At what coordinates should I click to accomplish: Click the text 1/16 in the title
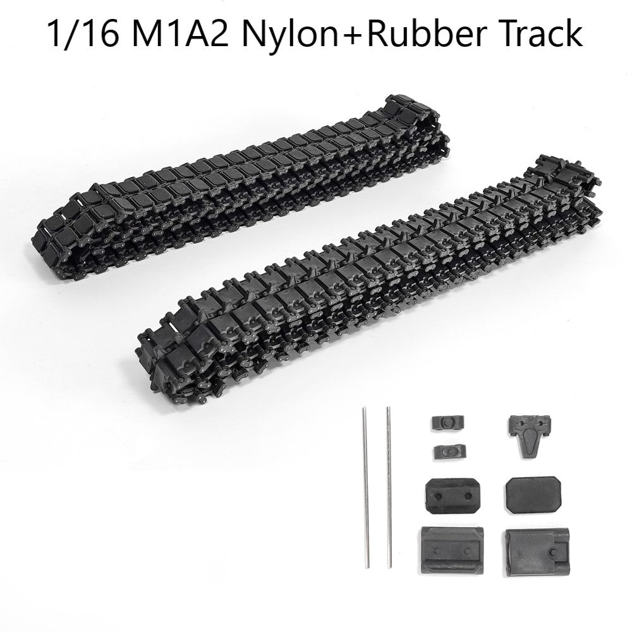coord(83,34)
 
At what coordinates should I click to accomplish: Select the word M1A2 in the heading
coord(179,34)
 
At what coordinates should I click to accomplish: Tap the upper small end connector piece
coord(447,422)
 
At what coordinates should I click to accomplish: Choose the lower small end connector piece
coord(450,451)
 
